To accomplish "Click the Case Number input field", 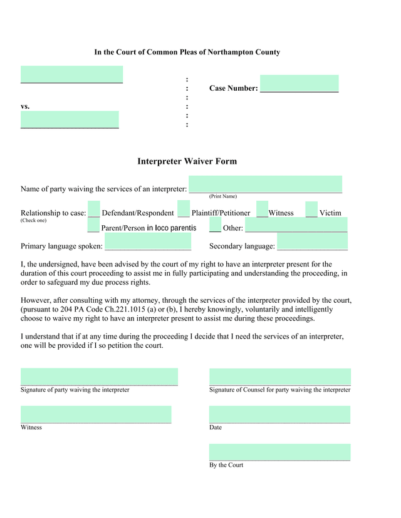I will [299, 84].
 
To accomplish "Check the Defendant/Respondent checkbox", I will [94, 210].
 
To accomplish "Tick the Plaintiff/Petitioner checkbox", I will [184, 210].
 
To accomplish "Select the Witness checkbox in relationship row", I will [263, 210].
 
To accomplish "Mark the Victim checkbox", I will [311, 210].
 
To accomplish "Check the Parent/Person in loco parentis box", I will [94, 225].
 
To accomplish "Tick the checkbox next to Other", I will [215, 225].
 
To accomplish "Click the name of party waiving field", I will [266, 185].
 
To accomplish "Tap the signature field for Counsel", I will [279, 377].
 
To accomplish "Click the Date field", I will [279, 415].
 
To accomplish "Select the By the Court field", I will [279, 452].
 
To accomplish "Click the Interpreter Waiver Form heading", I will [187, 161].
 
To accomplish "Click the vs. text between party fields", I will [25, 106].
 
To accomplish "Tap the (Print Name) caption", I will [223, 196].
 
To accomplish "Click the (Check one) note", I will [33, 220].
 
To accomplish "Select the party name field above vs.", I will [71, 74].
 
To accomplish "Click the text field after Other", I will [296, 225].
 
